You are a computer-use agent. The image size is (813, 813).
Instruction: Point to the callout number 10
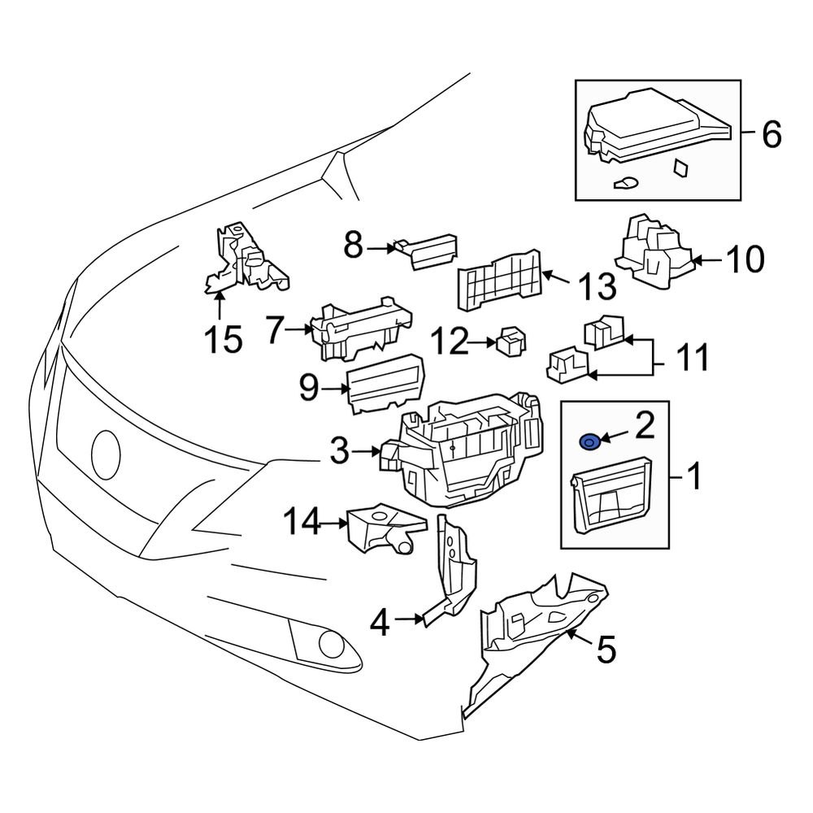(x=744, y=260)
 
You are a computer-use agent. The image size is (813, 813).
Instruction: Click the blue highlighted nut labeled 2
(x=589, y=441)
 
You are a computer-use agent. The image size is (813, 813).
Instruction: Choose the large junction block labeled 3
(x=467, y=451)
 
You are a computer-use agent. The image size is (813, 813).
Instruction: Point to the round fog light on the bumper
(x=331, y=644)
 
